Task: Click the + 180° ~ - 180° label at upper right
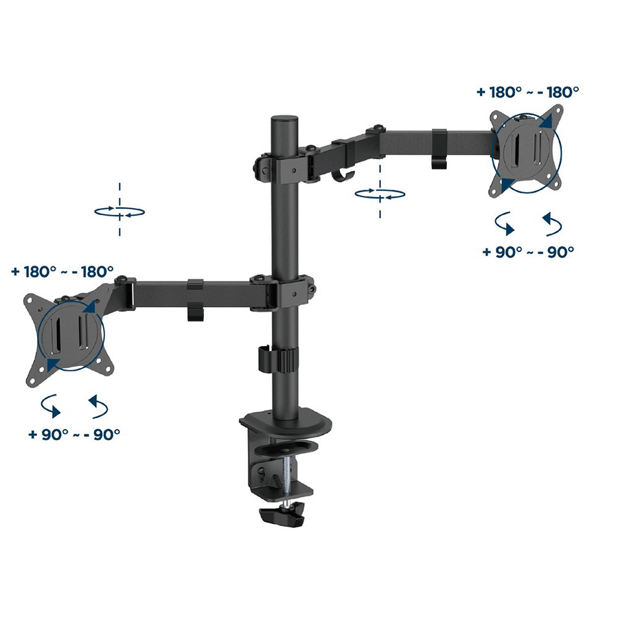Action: click(527, 91)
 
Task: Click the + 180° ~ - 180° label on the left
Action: click(62, 271)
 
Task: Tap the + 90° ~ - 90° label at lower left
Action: click(75, 434)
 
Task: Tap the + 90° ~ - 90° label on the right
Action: click(527, 252)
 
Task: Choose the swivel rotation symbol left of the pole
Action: click(119, 211)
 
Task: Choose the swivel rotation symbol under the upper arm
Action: click(380, 194)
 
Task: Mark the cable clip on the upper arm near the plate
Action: click(440, 148)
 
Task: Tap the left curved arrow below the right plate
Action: click(505, 225)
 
